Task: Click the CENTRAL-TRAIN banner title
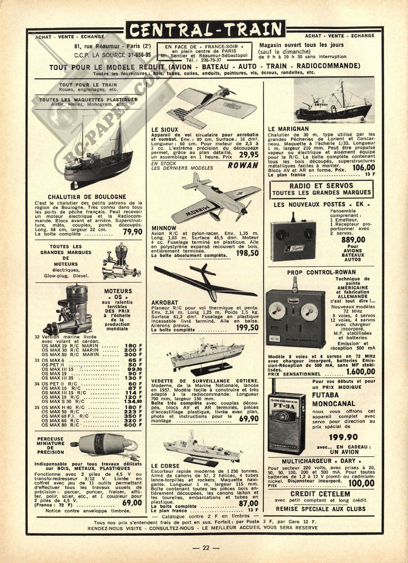point(204,29)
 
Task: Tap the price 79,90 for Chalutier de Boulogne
point(133,232)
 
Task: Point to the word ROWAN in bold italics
point(243,165)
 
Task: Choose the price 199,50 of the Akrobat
point(247,328)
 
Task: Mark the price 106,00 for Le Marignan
point(363,168)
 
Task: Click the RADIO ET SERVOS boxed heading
point(321,189)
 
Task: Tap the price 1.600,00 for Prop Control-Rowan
point(361,372)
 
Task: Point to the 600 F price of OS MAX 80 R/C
point(133,425)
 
